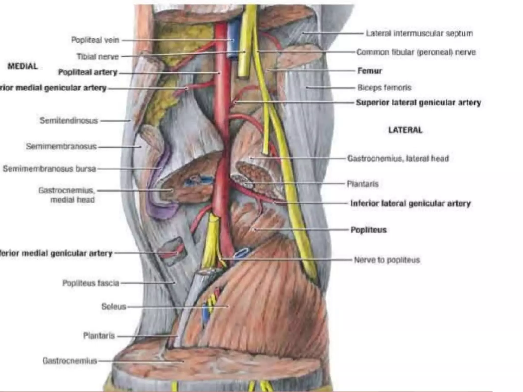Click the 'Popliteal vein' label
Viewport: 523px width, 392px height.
pos(95,40)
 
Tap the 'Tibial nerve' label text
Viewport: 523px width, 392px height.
pos(98,56)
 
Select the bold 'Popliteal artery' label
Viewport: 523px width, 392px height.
pos(88,72)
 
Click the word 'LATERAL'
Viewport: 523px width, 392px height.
pos(405,130)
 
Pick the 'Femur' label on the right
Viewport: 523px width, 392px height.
pos(370,71)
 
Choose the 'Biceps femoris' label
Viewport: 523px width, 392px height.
pos(384,88)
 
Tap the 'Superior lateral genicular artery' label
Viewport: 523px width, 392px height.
pos(419,103)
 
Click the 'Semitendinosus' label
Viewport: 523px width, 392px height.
pos(69,120)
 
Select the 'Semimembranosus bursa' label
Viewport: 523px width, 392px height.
pos(49,169)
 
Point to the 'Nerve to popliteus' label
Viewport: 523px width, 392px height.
pos(387,260)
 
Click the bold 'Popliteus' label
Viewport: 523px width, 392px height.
pos(369,230)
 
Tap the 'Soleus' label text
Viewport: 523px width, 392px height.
pos(114,306)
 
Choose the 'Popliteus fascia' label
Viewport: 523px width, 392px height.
pos(91,283)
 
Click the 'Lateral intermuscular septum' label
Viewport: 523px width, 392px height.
pos(419,33)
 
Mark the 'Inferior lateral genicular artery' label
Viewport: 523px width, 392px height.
pos(410,203)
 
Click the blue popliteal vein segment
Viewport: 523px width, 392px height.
pos(233,41)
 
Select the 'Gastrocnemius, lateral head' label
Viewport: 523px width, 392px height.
pos(398,158)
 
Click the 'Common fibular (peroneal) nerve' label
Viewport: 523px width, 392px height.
pos(416,52)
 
